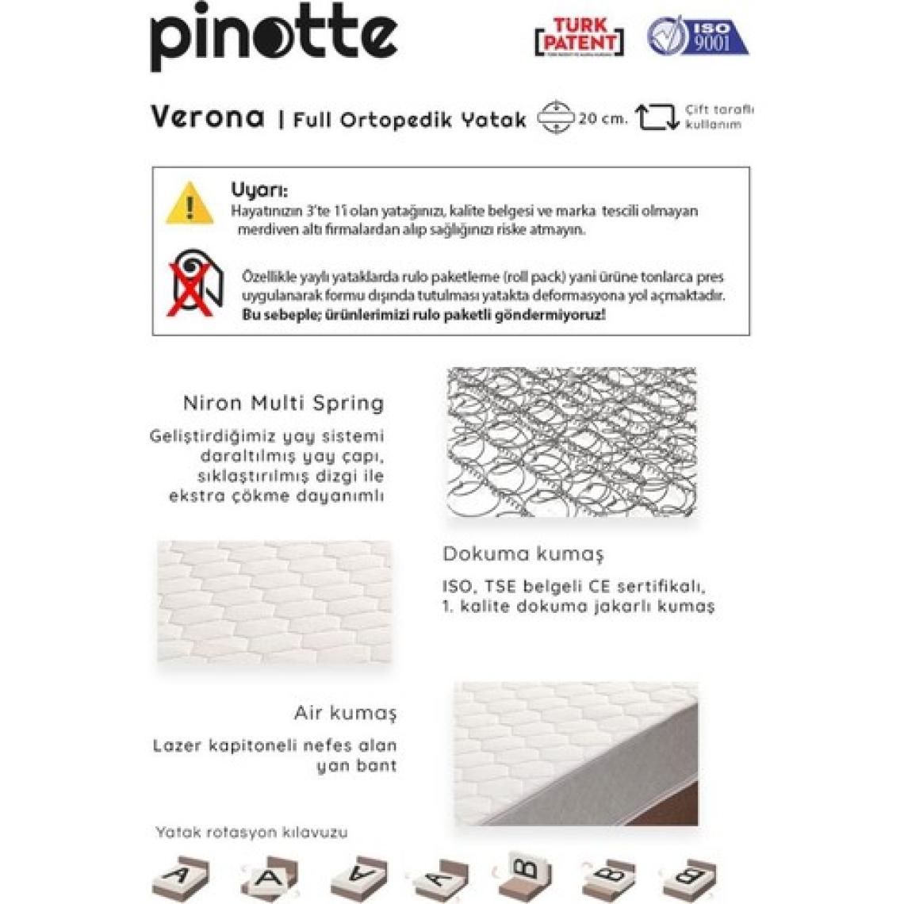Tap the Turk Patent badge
coord(580,36)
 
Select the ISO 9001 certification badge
coord(698,36)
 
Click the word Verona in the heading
coord(207,117)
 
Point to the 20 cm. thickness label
coord(603,119)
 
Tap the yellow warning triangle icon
coord(190,204)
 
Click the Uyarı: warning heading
coord(259,190)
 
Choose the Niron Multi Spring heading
coord(283,403)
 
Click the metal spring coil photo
coord(571,442)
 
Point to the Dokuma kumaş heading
coord(523,554)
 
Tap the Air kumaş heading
coord(345,713)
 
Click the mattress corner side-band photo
coord(576,753)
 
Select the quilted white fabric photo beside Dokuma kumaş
coord(274,602)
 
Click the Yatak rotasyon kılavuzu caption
coord(251,833)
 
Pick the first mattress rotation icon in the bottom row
coord(180,877)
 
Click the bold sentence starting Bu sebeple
coord(423,315)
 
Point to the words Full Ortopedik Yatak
coord(410,120)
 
